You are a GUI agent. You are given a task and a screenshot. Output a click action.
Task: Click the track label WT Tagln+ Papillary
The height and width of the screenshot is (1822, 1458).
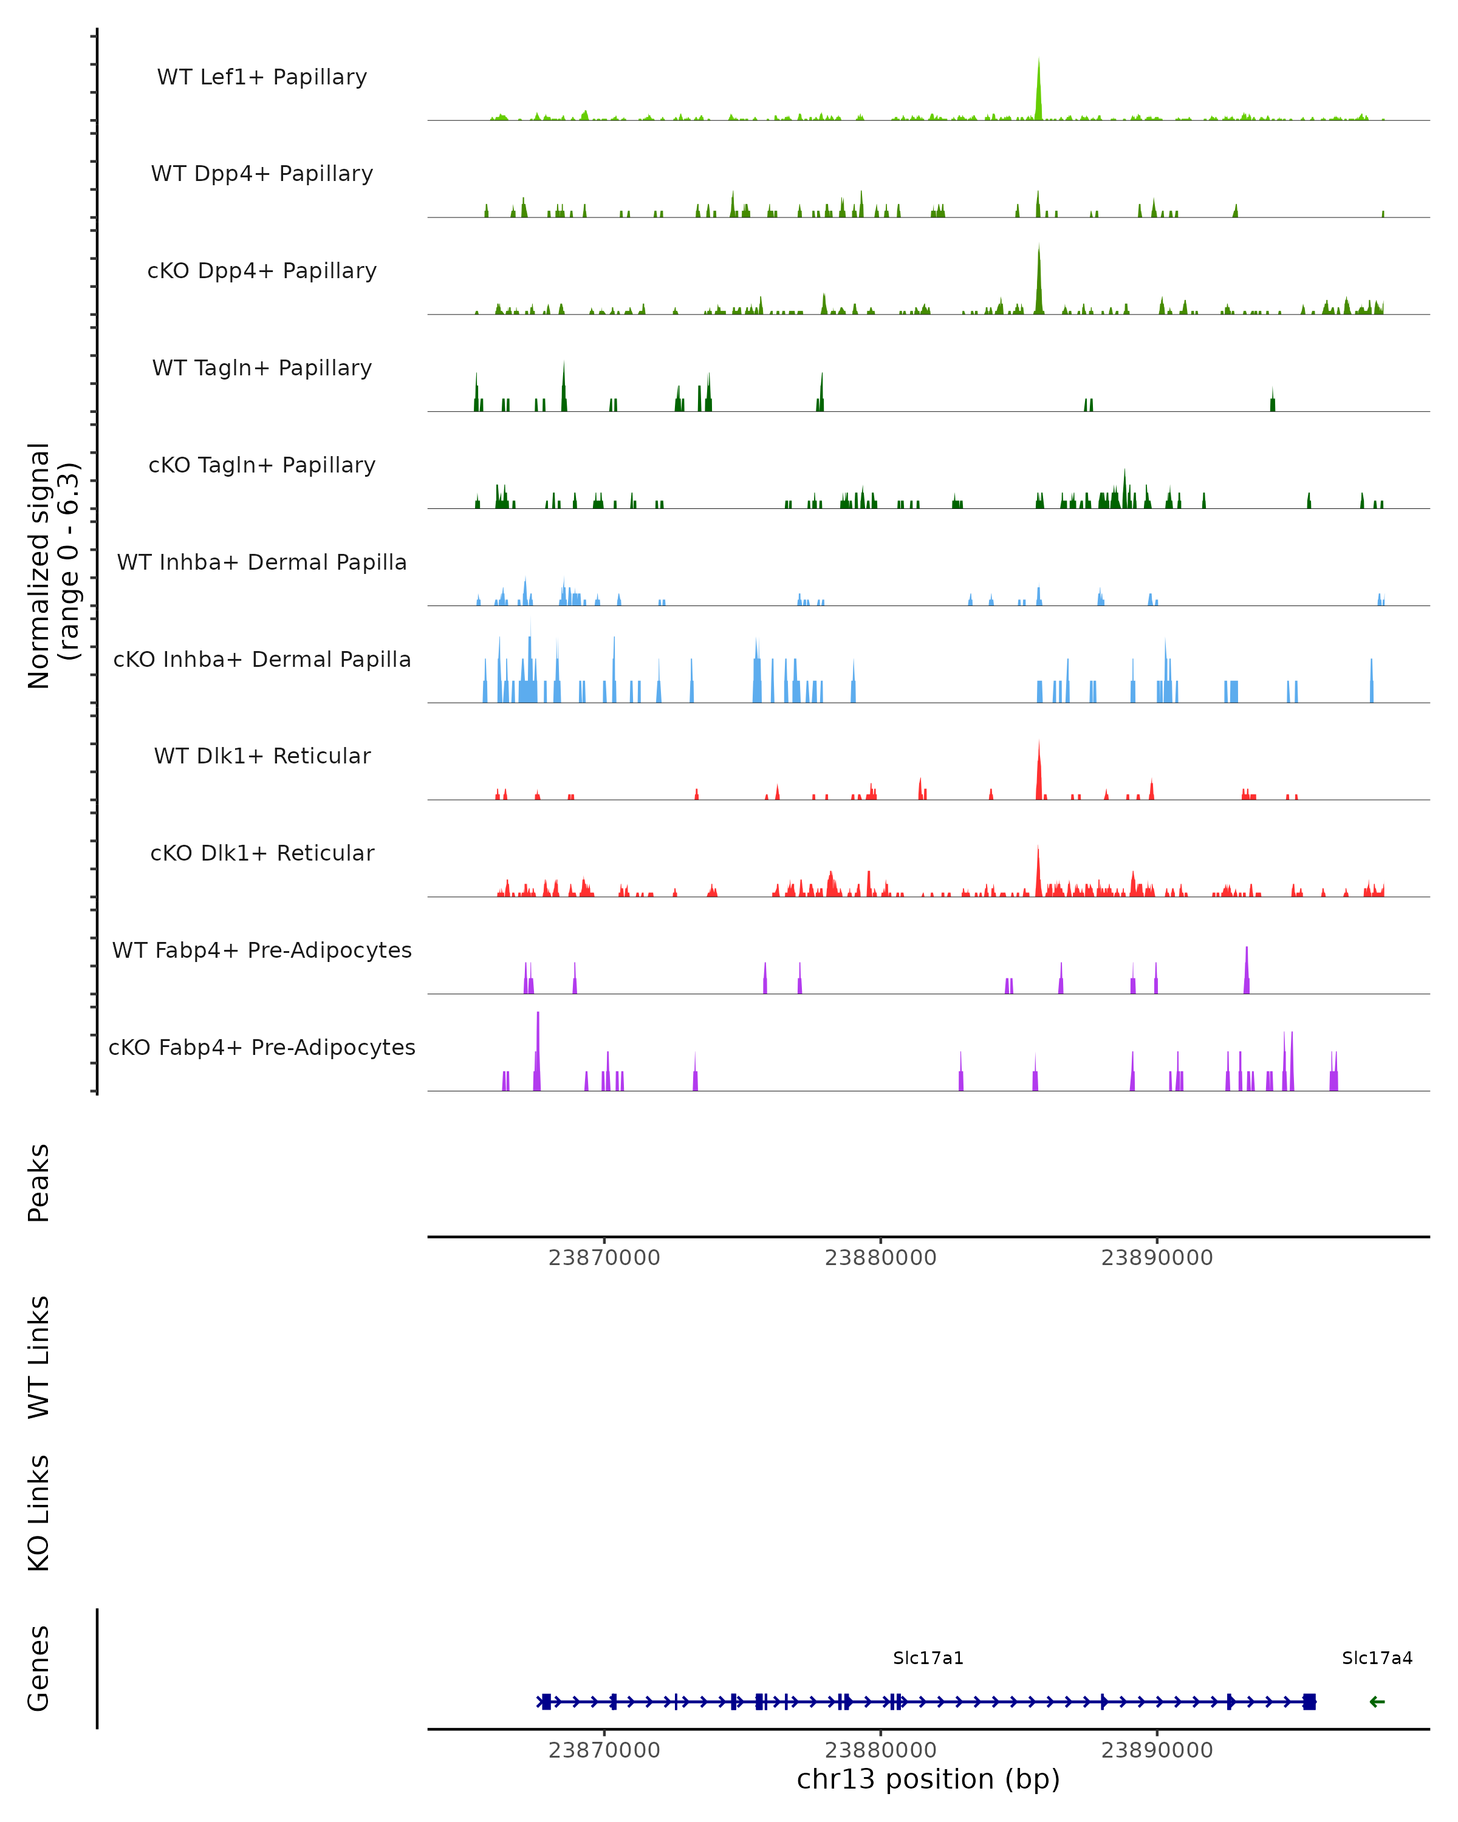262,369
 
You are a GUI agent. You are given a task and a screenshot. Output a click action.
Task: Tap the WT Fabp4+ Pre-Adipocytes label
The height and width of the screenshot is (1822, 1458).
262,950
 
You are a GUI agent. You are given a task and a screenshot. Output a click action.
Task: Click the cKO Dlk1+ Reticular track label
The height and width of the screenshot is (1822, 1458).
262,853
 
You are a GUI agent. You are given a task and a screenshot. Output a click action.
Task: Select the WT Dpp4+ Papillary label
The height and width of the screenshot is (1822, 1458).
262,174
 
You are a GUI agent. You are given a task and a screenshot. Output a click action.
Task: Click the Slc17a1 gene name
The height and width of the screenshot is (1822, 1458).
928,1658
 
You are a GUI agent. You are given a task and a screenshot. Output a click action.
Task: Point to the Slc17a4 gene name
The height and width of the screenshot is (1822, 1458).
1377,1658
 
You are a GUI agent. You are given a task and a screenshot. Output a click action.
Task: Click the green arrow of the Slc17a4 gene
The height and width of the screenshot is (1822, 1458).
1377,1702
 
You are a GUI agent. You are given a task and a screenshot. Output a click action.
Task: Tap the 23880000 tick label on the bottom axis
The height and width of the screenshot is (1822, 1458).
881,1750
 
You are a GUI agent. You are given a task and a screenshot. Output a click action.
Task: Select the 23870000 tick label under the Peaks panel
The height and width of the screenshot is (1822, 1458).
604,1258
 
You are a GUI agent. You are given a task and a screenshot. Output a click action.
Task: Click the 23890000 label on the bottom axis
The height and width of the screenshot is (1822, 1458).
1157,1750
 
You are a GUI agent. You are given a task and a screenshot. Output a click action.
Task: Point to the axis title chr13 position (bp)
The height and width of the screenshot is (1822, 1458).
928,1779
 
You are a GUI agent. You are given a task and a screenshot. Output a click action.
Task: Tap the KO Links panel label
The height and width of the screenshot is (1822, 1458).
39,1513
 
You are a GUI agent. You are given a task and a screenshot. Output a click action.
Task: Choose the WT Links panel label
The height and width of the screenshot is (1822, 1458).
39,1356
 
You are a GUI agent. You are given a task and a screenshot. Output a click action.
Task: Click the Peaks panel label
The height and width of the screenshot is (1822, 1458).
39,1183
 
